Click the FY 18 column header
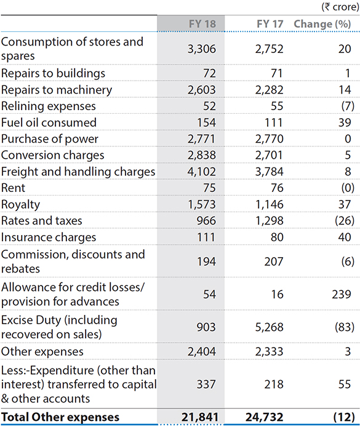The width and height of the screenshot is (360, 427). (202, 24)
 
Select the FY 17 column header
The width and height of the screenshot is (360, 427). (270, 24)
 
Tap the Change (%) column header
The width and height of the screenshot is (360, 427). (322, 24)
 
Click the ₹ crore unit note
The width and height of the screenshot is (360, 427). (340, 7)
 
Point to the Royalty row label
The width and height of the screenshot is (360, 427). (20, 205)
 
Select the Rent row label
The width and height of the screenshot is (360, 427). (13, 188)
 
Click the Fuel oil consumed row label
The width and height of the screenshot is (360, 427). (49, 122)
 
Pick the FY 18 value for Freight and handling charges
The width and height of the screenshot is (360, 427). (201, 172)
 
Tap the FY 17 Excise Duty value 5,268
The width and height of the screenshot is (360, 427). (270, 327)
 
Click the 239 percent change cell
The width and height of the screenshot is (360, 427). (341, 294)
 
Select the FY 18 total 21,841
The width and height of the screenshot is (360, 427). (200, 417)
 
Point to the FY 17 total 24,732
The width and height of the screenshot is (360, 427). (265, 417)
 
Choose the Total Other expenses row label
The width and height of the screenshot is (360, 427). (60, 417)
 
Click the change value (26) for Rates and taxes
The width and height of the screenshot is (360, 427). (345, 221)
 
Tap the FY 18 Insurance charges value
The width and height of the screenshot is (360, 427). (206, 237)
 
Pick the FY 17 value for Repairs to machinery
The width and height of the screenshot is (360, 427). (270, 90)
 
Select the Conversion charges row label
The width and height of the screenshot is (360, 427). (52, 156)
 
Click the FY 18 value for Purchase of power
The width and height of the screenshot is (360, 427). (201, 139)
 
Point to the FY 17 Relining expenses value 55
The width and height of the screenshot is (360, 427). (277, 106)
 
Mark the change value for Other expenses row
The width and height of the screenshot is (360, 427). (348, 351)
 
